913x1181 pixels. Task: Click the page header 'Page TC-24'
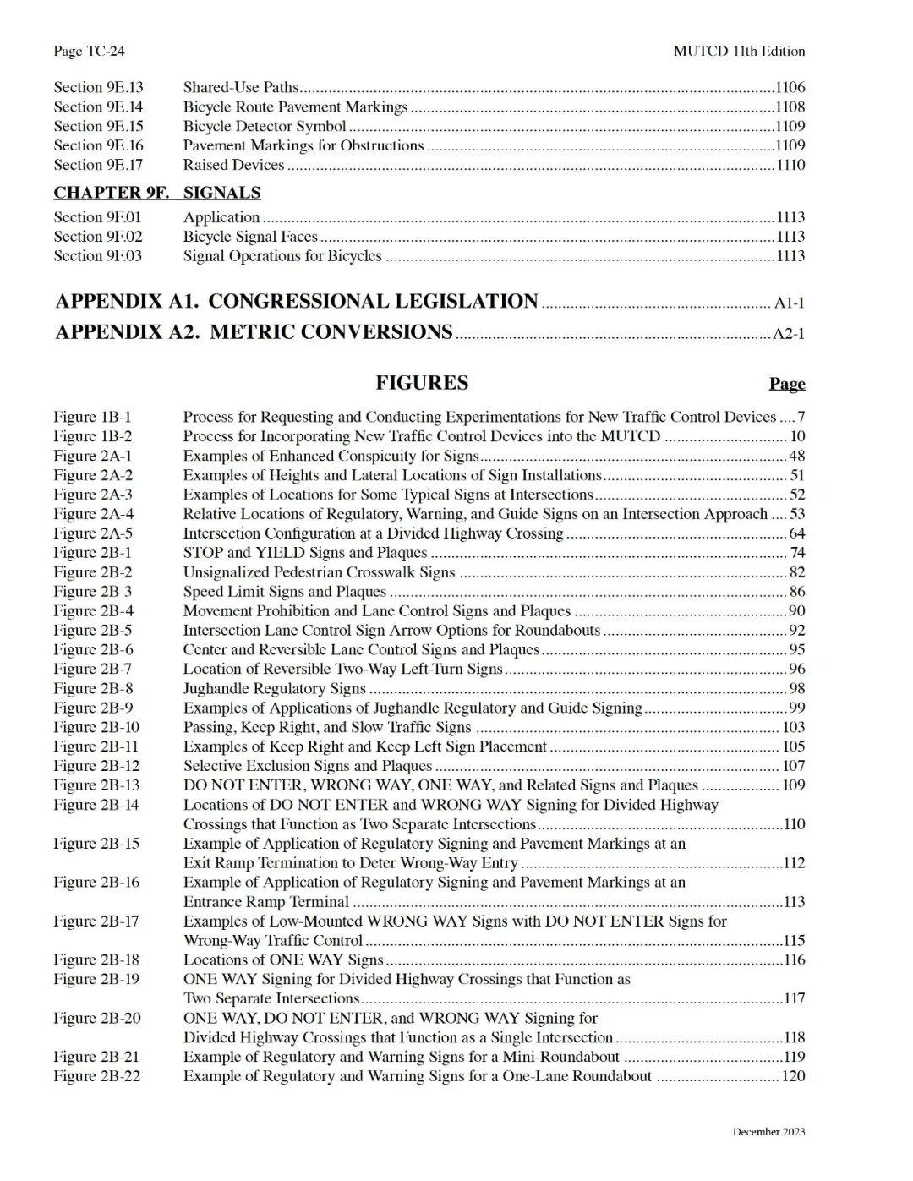(89, 51)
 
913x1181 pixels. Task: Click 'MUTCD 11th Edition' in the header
(739, 51)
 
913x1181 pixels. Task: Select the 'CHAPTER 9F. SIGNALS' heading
(157, 193)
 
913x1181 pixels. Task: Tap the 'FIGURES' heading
(422, 383)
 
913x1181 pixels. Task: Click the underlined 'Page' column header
(787, 384)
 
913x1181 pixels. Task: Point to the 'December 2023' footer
(768, 1132)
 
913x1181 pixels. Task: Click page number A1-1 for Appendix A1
(789, 303)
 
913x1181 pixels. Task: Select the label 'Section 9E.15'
(98, 126)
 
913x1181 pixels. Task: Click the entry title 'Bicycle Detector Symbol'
(265, 126)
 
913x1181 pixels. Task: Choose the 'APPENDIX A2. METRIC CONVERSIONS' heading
(254, 331)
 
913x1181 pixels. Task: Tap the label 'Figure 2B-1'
(93, 553)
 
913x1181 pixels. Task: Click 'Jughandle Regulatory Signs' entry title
(274, 689)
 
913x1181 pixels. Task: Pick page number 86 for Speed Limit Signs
(796, 592)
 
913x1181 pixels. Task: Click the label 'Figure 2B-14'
(96, 805)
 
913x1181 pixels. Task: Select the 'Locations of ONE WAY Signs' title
(283, 960)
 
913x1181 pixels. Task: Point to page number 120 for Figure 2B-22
(792, 1076)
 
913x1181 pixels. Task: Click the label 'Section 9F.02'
(98, 237)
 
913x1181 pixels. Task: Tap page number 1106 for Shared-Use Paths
(790, 87)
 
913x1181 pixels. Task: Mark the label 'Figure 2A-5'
(93, 533)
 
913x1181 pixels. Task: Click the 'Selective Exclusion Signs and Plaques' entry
(308, 766)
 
